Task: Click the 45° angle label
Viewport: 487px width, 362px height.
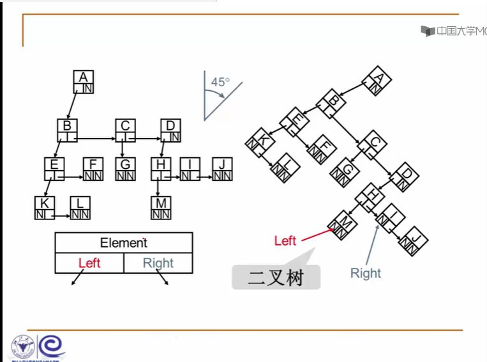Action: (x=220, y=82)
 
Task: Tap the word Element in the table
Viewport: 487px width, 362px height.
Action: (x=124, y=242)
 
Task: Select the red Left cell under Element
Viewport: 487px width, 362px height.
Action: (x=89, y=263)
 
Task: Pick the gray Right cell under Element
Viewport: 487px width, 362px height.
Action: (x=158, y=263)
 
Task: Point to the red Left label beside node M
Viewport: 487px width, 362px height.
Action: (x=285, y=240)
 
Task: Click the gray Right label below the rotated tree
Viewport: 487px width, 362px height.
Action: (x=365, y=273)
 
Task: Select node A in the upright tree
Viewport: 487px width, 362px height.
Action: (x=84, y=81)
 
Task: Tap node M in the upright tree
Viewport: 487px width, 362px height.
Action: (x=161, y=208)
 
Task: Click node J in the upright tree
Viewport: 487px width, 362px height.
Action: (x=222, y=169)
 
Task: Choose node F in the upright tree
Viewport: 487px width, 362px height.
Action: (x=93, y=169)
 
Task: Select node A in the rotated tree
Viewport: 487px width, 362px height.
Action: (x=377, y=81)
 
